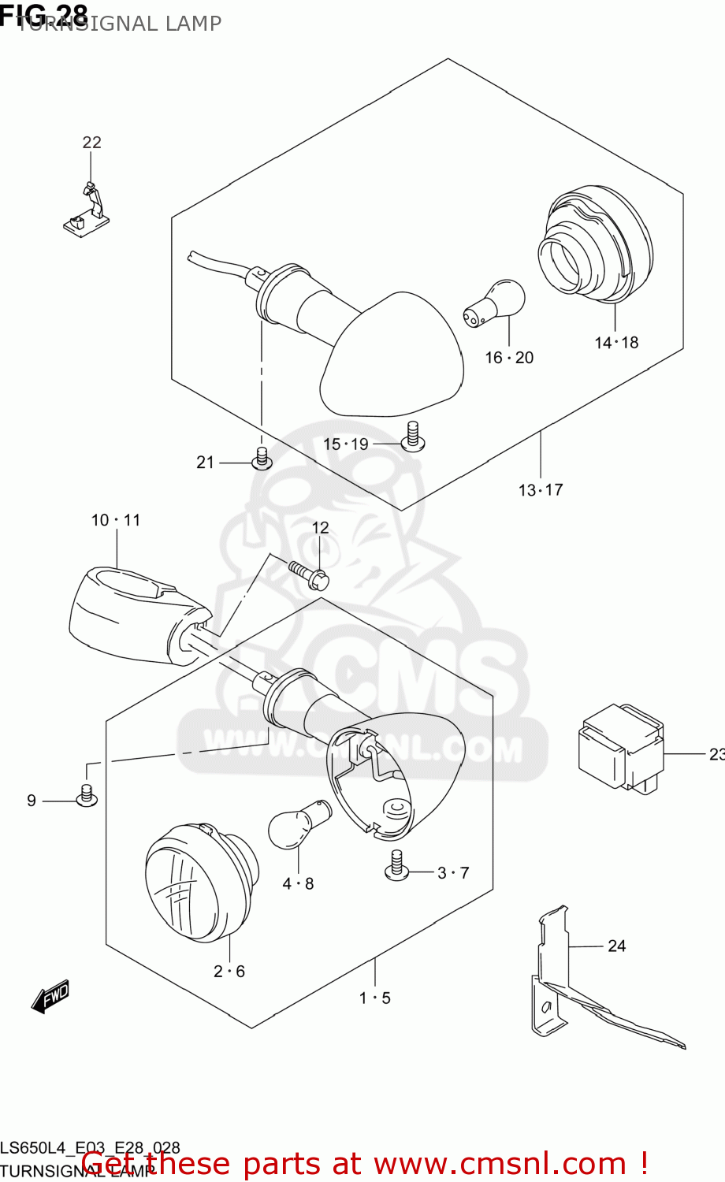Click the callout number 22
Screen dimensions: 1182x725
(92, 142)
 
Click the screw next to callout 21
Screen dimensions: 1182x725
(262, 459)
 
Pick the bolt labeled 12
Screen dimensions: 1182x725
(310, 574)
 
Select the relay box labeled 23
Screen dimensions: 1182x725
(621, 746)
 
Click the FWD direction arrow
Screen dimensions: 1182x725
(50, 997)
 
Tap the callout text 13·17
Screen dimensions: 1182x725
(541, 490)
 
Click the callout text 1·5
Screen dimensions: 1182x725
(375, 998)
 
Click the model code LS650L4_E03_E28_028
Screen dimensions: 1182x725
(90, 1148)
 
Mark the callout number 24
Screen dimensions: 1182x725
(617, 946)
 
